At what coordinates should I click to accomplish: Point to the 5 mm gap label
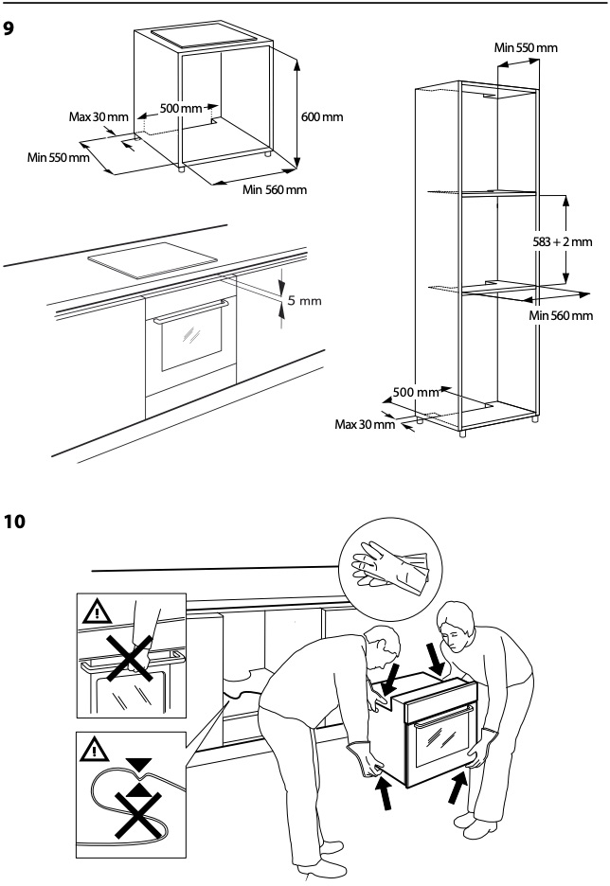point(305,300)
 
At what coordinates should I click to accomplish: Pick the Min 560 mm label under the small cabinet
point(275,189)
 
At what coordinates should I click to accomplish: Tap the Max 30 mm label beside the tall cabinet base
point(365,423)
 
